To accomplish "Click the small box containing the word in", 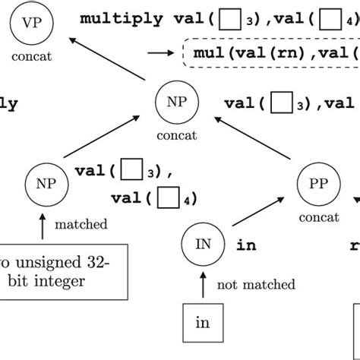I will (x=202, y=323).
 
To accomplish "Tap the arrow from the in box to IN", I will (x=203, y=286).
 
